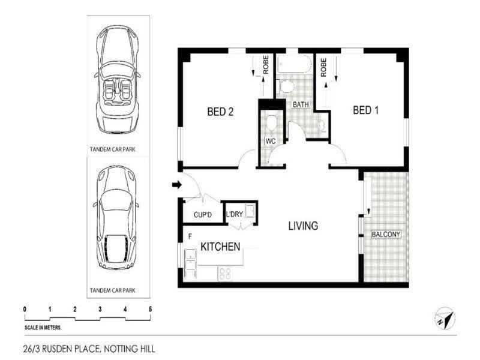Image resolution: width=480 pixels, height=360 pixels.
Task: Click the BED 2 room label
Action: click(220, 111)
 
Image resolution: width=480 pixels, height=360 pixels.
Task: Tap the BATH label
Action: click(301, 104)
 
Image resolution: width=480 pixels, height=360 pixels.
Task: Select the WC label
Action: click(270, 142)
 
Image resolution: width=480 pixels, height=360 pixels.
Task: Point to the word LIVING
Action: click(303, 226)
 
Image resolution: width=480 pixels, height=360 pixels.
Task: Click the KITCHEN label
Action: click(220, 247)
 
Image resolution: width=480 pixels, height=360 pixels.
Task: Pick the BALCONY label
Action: click(386, 234)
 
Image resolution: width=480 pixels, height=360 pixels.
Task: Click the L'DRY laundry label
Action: click(233, 214)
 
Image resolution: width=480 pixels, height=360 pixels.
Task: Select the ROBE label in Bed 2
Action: click(265, 65)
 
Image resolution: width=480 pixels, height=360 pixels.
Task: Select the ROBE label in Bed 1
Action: click(323, 65)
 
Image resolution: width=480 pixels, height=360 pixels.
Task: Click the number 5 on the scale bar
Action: click(150, 309)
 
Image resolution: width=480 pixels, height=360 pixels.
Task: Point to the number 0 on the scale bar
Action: click(25, 309)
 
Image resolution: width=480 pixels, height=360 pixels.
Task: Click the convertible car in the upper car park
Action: click(117, 80)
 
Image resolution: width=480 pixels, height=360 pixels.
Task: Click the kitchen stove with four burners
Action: click(226, 273)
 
